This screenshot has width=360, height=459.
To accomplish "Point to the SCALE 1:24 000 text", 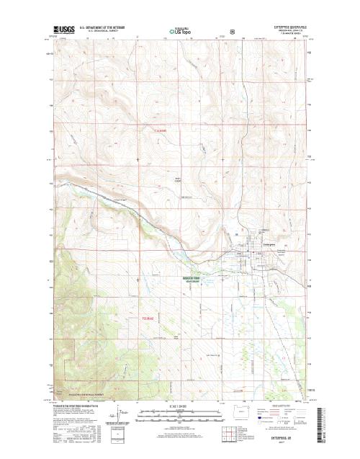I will [x=181, y=406].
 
